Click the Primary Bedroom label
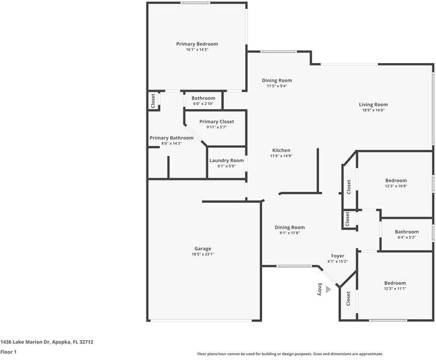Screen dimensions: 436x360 (x=197, y=44)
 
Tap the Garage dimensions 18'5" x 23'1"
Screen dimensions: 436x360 (x=203, y=254)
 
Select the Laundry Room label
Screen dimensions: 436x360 (x=226, y=161)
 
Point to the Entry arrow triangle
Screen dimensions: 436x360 (x=329, y=289)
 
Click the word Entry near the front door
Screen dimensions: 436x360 (x=320, y=289)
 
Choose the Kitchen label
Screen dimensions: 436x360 (x=281, y=150)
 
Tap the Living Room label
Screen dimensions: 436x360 (x=373, y=104)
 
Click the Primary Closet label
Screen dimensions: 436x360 (x=217, y=122)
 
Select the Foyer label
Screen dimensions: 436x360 (x=338, y=256)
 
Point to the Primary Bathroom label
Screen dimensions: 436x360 (x=172, y=138)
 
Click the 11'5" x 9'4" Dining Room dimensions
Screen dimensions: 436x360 (x=276, y=86)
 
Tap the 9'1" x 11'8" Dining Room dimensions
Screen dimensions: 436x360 (x=290, y=233)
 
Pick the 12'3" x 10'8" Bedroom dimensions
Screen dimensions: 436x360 (x=396, y=186)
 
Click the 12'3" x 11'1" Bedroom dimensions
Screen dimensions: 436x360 (x=395, y=289)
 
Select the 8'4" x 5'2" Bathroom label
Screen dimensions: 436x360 (x=407, y=232)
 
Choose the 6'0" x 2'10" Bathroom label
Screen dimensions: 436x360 (x=203, y=98)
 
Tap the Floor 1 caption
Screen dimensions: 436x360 (x=8, y=352)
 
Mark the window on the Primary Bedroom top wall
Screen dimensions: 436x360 (x=196, y=3)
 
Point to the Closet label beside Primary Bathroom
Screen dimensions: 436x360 (x=153, y=101)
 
